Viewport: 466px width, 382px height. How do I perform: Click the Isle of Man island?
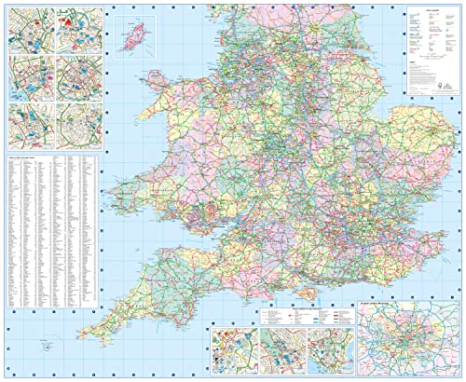131,38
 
